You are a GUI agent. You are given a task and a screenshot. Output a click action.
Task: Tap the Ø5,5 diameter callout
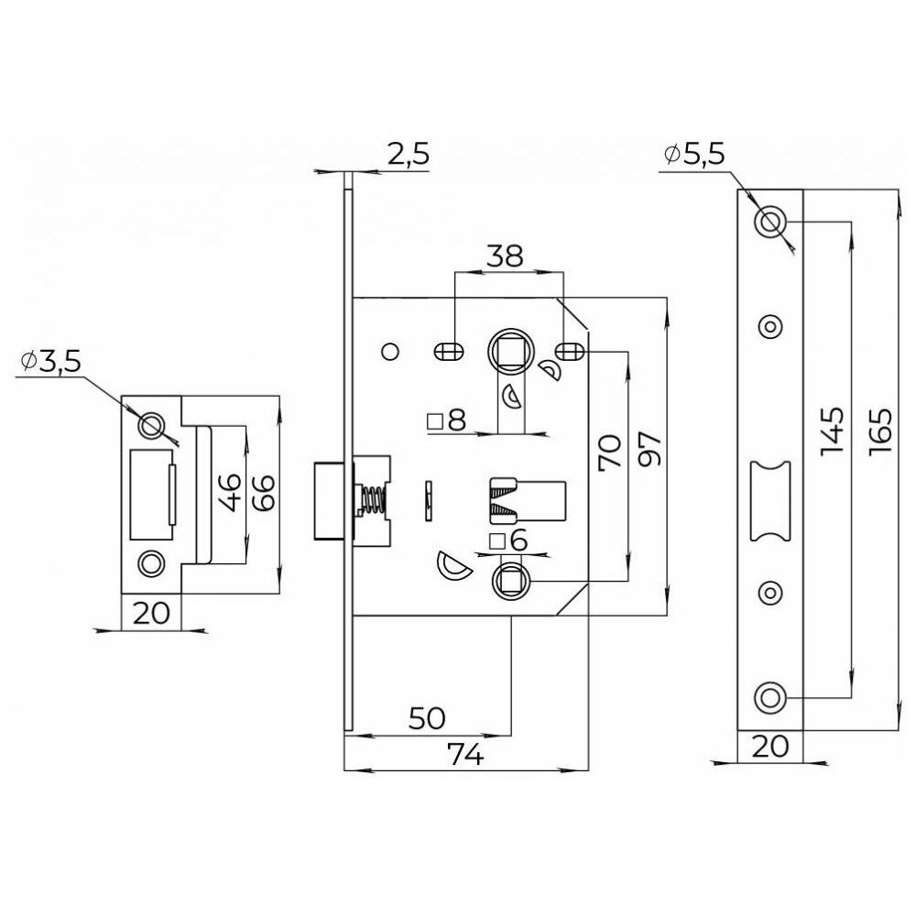tap(694, 154)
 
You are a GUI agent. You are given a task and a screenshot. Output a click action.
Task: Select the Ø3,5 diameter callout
tap(50, 362)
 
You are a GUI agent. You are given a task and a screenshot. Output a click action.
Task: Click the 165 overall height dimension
tap(879, 432)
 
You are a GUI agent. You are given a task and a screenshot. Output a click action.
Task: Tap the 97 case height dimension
tap(650, 449)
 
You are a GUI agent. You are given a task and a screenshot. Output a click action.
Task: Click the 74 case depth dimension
tap(465, 756)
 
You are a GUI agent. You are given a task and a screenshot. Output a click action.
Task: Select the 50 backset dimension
tap(427, 718)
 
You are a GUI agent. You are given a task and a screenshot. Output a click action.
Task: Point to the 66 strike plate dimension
tap(263, 494)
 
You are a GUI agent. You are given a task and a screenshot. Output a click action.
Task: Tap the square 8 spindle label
tap(447, 420)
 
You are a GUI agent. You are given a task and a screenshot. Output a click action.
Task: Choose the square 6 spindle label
tap(509, 541)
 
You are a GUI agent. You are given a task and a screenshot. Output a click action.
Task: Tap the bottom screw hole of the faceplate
tap(770, 697)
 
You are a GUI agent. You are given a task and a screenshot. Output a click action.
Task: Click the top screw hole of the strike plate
tap(150, 426)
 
